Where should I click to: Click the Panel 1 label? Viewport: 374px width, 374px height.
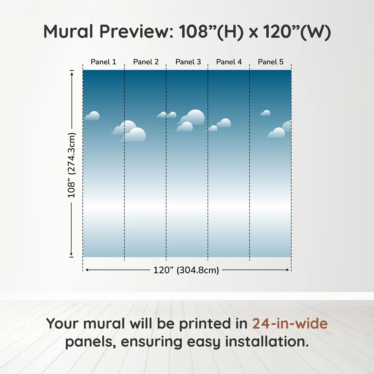pos(103,62)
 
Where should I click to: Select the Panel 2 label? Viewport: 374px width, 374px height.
pos(146,62)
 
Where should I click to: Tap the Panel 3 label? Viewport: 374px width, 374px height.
pos(188,62)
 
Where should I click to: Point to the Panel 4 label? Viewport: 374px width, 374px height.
pos(229,62)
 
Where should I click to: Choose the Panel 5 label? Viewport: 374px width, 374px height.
pos(271,62)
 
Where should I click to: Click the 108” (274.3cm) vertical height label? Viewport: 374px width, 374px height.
pos(71,165)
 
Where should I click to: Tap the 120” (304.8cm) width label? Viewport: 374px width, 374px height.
pos(186,270)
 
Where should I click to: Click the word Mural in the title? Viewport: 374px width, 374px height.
pos(68,31)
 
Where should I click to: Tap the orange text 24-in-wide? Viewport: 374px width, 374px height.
pos(290,323)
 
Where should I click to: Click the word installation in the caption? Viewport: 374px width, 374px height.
pos(267,342)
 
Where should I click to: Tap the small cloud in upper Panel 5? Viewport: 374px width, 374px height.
pos(265,113)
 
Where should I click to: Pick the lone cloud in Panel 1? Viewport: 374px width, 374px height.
pos(92,116)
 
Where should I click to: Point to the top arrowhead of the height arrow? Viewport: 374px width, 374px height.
pos(72,74)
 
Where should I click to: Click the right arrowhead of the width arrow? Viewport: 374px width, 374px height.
pos(287,270)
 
